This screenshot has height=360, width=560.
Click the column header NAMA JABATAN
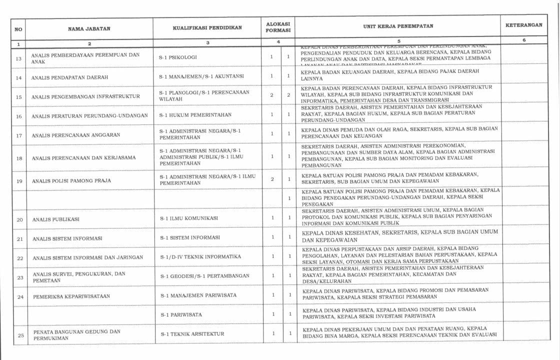click(89, 29)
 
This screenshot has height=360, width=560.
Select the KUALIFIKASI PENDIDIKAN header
click(207, 28)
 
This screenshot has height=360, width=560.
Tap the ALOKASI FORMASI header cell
click(278, 27)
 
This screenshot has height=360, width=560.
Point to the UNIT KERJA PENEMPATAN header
click(398, 26)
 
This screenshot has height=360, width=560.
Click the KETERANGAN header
click(523, 25)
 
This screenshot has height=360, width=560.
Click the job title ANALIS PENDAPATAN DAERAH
click(69, 77)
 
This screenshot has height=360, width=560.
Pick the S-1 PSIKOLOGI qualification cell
click(178, 57)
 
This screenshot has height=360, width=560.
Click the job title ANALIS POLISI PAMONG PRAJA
click(71, 180)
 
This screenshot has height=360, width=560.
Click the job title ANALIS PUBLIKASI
click(56, 219)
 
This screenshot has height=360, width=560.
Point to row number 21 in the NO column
click(20, 239)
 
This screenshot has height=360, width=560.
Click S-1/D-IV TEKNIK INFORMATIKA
click(200, 256)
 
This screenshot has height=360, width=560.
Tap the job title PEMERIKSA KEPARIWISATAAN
click(71, 296)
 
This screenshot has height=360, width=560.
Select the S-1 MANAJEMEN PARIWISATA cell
click(198, 295)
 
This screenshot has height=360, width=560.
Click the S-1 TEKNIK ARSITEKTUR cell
click(192, 333)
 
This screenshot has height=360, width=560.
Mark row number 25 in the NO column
click(20, 335)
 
